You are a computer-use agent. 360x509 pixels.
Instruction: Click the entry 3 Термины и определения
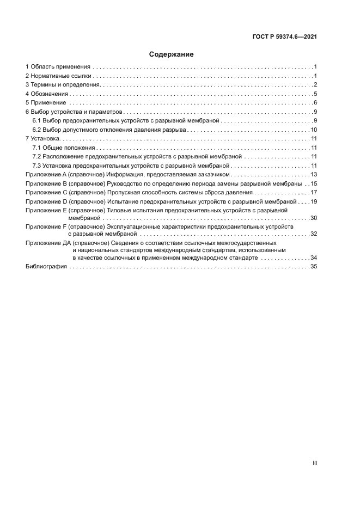click(x=63, y=84)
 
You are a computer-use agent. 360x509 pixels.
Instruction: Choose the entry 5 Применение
click(x=46, y=102)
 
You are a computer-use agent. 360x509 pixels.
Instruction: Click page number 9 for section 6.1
click(x=315, y=120)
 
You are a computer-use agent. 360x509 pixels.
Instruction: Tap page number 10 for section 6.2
click(x=314, y=130)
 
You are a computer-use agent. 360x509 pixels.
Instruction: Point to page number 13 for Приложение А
click(x=314, y=175)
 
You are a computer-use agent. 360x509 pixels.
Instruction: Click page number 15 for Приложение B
click(x=314, y=184)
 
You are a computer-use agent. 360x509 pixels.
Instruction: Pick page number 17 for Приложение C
click(x=314, y=193)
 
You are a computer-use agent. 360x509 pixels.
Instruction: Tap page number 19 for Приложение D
click(x=314, y=202)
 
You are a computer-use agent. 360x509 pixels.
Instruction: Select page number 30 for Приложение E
click(x=314, y=218)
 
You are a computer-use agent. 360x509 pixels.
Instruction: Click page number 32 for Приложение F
click(x=314, y=234)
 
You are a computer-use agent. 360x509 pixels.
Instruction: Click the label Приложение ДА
click(x=48, y=242)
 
